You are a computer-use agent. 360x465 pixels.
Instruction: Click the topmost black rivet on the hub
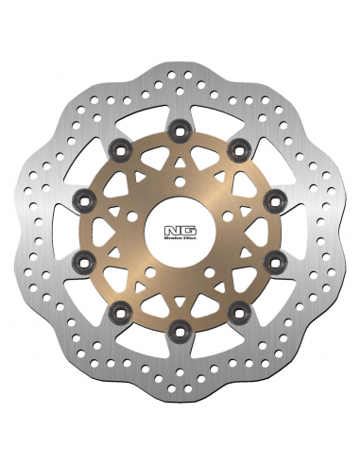point(180,120)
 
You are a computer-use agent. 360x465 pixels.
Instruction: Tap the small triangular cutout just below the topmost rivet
point(180,142)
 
